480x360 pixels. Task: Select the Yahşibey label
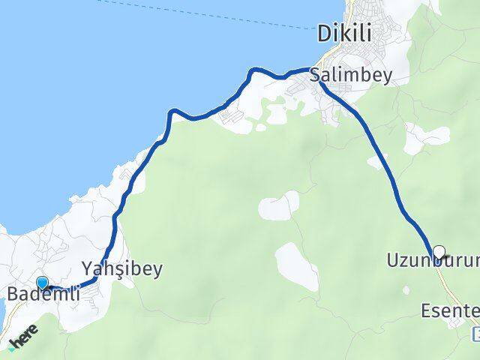pyautogui.click(x=121, y=268)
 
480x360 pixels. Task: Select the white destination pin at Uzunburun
pyautogui.click(x=439, y=252)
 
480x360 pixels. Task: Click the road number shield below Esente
pyautogui.click(x=476, y=331)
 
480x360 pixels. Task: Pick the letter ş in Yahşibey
pyautogui.click(x=117, y=268)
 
